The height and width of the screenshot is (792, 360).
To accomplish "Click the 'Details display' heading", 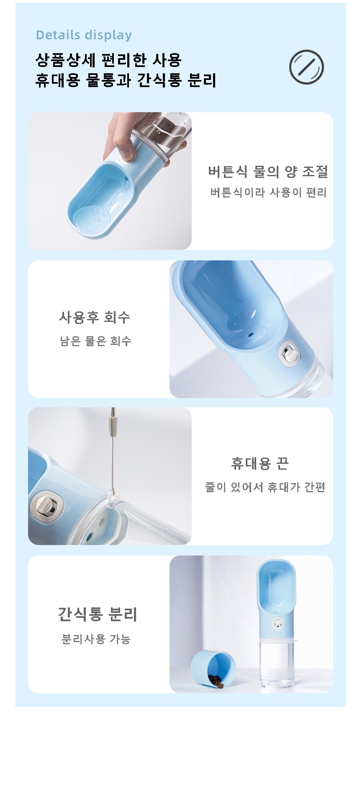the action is click(84, 35).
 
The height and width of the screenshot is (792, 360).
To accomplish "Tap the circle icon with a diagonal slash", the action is click(306, 67).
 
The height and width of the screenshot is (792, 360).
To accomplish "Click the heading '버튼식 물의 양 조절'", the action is click(268, 171).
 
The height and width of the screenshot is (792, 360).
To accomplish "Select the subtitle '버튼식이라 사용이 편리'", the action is click(268, 193).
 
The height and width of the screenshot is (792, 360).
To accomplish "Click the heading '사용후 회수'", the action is click(95, 317).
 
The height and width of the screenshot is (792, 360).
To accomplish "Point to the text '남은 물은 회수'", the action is click(96, 341).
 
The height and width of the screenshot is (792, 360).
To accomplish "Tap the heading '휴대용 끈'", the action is click(260, 463).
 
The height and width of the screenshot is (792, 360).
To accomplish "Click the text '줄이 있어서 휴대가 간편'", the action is click(265, 487).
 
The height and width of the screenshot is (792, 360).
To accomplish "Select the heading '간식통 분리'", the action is click(98, 614).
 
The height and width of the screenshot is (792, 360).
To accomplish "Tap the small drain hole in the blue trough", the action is click(250, 335).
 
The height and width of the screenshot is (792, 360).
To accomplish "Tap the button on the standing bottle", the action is click(277, 623).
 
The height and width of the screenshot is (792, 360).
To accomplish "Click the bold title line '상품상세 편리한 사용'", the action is click(108, 60).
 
